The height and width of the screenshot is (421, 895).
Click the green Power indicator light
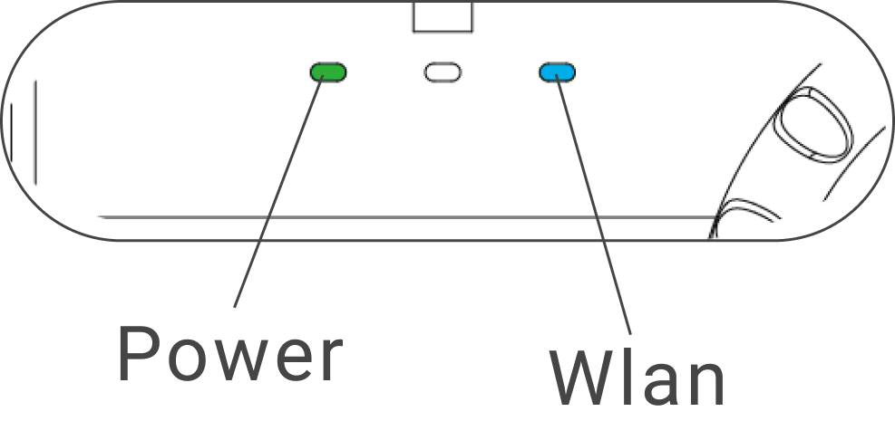[328, 72]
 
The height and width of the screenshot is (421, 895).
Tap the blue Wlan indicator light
[557, 72]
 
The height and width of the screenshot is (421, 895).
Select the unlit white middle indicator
[443, 72]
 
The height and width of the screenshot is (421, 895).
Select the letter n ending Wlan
[705, 382]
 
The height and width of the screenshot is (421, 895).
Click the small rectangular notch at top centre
[443, 17]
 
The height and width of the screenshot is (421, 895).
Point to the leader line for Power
[281, 190]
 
